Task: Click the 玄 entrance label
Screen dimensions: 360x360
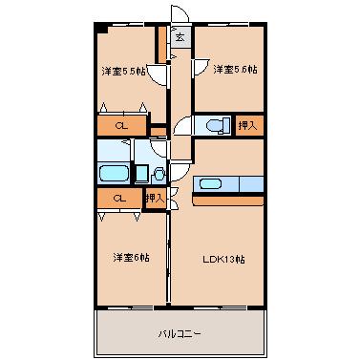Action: pyautogui.click(x=179, y=37)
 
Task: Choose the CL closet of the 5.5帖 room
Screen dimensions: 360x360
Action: pyautogui.click(x=121, y=125)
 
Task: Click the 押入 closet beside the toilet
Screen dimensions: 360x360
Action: pyautogui.click(x=246, y=125)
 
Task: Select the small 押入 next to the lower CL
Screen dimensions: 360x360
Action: pyautogui.click(x=154, y=198)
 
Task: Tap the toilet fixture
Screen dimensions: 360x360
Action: pyautogui.click(x=215, y=124)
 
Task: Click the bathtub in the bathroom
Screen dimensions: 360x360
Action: pyautogui.click(x=114, y=172)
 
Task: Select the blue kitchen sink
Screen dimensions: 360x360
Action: pyautogui.click(x=208, y=183)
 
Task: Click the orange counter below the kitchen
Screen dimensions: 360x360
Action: pyautogui.click(x=228, y=200)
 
